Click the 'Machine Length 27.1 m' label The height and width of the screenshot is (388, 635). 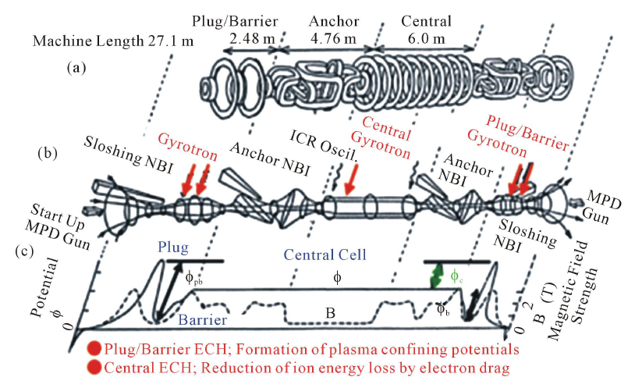pos(113,41)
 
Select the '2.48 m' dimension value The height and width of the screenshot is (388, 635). pos(252,38)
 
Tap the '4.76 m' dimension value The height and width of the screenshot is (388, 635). pos(333,38)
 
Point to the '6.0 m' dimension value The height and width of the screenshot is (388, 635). pos(426,38)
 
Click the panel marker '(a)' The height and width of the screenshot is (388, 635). pos(76,68)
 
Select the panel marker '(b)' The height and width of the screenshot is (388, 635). pos(48,154)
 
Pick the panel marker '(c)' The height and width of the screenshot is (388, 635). pos(24,251)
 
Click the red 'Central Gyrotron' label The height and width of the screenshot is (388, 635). pos(383,137)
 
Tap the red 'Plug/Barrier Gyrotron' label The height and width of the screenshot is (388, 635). pos(517,136)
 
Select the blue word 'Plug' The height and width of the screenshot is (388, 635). pos(173,247)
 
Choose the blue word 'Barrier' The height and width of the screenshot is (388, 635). pos(203,320)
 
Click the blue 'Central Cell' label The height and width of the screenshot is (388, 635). pos(325,255)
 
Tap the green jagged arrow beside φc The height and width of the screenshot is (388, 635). pos(437,276)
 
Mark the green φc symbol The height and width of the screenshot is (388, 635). pos(457,277)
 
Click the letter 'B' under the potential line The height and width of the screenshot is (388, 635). pos(331,313)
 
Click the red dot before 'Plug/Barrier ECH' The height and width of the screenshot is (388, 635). pos(94,349)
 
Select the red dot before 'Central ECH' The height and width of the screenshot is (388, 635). pos(94,368)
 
